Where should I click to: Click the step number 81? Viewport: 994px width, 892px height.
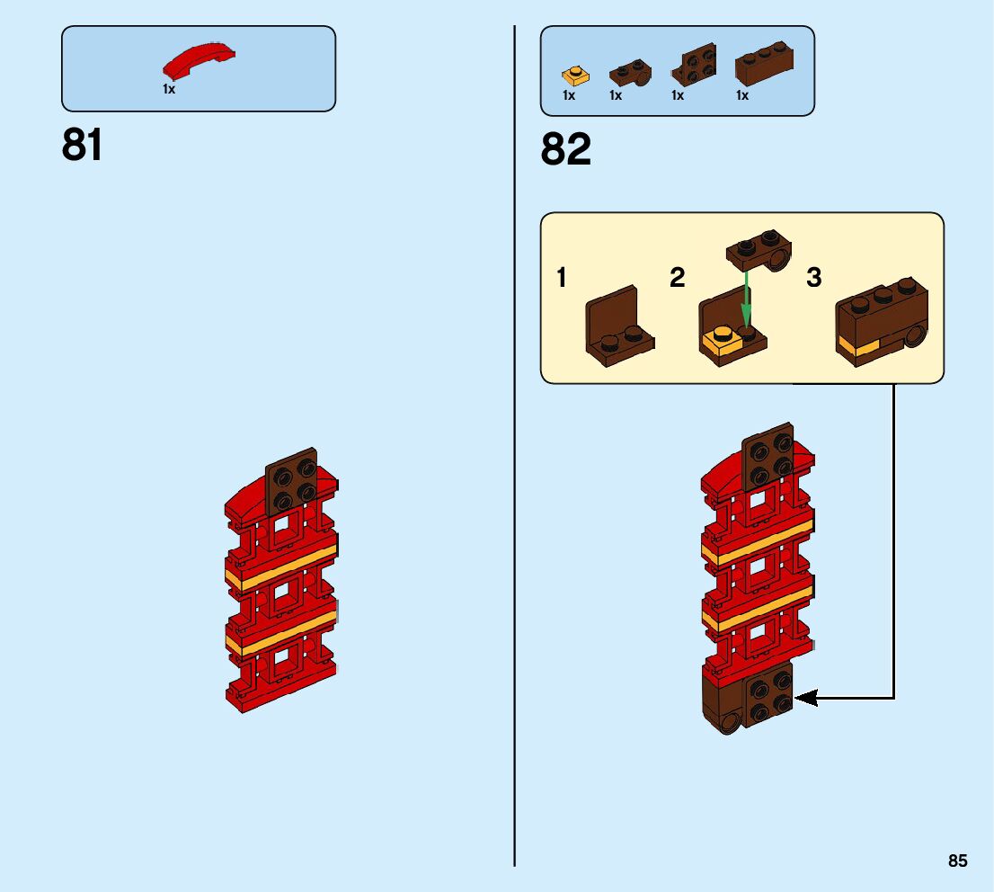82,145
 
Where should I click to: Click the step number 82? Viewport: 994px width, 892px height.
565,149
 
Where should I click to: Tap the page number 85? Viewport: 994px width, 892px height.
957,861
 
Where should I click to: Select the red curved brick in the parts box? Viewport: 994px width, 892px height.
199,62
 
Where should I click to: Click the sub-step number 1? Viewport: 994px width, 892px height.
562,278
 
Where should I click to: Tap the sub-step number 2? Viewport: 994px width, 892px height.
677,278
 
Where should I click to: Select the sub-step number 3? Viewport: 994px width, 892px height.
813,278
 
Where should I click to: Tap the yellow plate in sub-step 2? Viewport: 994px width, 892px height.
721,343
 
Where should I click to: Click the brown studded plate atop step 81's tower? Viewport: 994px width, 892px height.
291,483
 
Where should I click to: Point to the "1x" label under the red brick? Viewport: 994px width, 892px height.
169,89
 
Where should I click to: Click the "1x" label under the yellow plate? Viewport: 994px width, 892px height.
569,95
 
